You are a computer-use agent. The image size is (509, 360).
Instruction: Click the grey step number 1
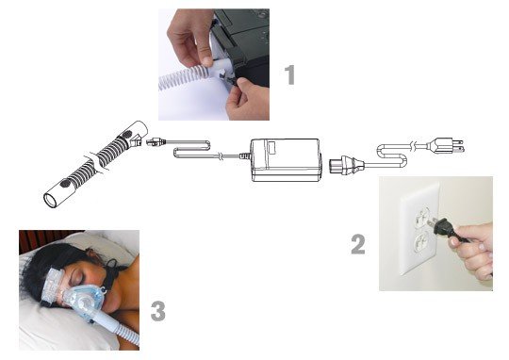290,74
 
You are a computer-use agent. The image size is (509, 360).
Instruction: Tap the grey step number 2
358,244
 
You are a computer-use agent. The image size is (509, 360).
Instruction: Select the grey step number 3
158,311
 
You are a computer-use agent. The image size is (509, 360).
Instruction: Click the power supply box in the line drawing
286,159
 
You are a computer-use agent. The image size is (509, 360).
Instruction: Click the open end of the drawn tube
50,201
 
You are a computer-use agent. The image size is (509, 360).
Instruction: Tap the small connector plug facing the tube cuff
156,141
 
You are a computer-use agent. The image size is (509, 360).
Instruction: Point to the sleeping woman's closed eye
79,278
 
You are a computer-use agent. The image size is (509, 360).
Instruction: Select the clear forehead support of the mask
52,284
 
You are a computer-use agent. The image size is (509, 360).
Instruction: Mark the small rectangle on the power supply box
271,148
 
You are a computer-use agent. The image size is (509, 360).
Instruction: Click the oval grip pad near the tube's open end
65,184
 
